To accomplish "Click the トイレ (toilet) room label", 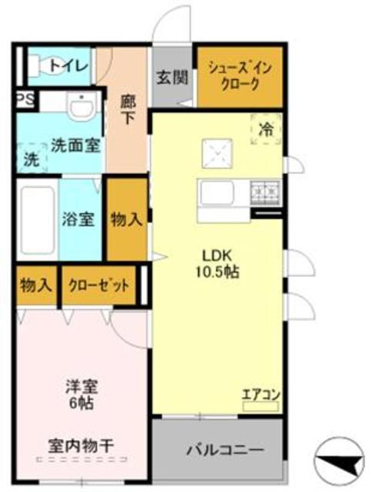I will (69, 65).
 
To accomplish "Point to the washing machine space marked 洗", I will (29, 161).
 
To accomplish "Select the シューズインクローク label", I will (239, 77).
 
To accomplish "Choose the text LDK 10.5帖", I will (219, 263).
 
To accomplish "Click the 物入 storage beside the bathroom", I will (126, 219).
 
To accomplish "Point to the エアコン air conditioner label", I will (261, 395).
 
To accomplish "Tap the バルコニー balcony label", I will (226, 449).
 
